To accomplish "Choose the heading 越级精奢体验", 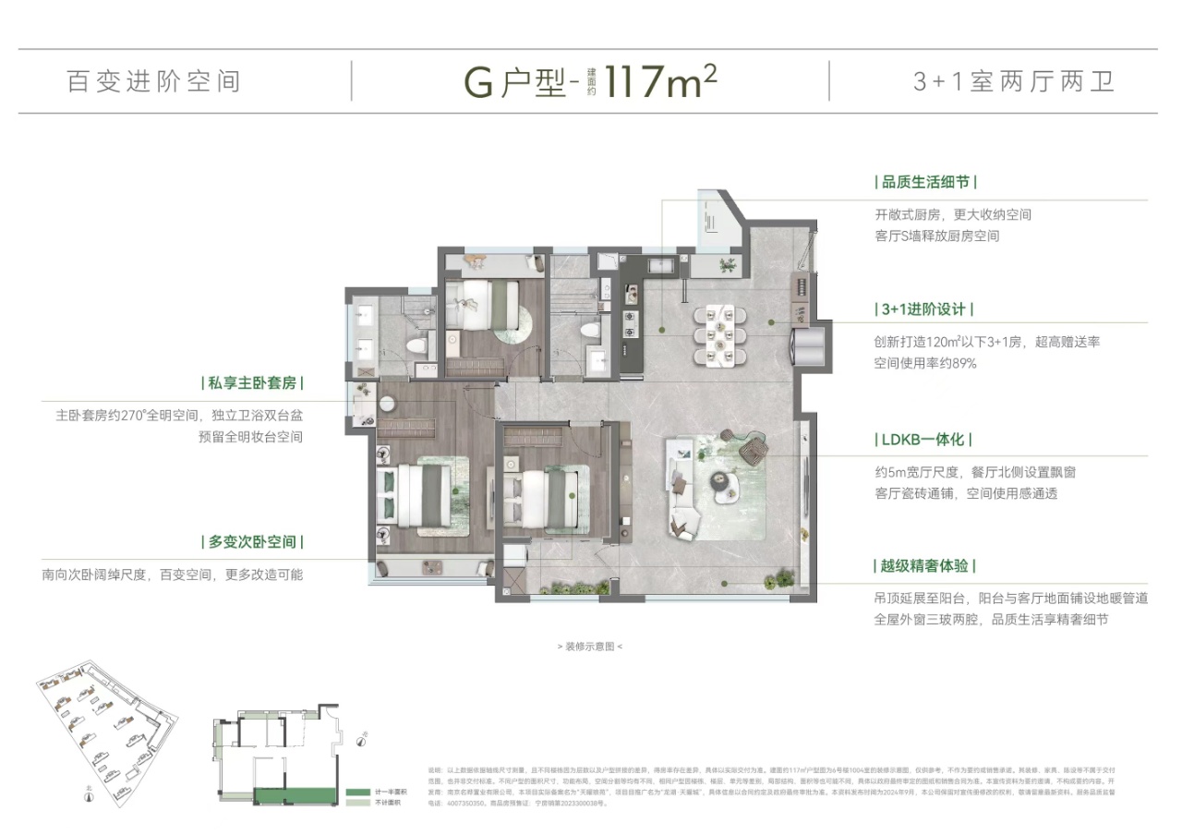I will pyautogui.click(x=924, y=565).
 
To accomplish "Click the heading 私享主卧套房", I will pyautogui.click(x=253, y=382).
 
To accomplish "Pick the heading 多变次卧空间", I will pyautogui.click(x=253, y=541).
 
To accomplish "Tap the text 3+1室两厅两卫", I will pyautogui.click(x=1013, y=81).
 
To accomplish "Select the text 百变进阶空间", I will pyautogui.click(x=154, y=81).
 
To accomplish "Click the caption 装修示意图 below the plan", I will pyautogui.click(x=590, y=647).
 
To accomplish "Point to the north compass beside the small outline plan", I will pyautogui.click(x=364, y=737).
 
